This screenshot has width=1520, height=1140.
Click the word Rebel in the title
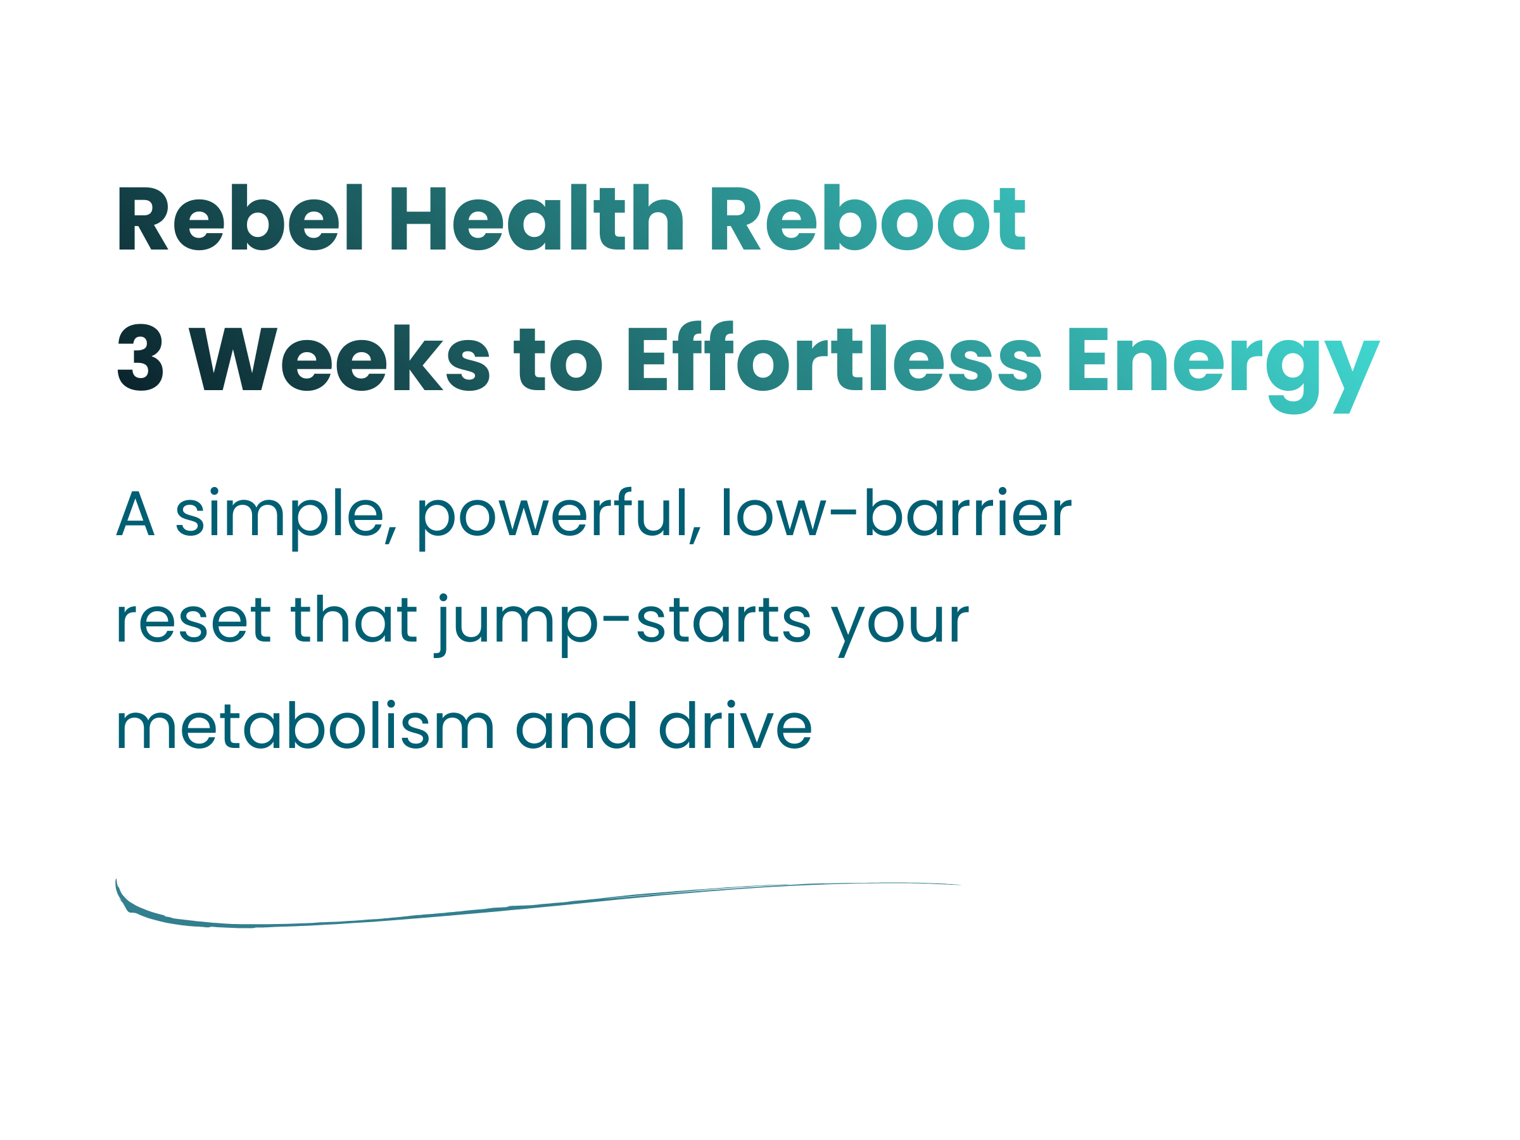241,217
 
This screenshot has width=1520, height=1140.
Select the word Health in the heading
537,217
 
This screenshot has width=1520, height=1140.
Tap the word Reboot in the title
868,217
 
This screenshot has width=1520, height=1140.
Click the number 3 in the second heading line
141,357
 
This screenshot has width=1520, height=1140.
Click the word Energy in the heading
1224,367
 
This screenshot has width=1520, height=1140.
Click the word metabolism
305,725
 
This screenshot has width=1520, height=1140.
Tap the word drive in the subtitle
735,725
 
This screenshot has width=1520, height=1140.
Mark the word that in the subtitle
354,617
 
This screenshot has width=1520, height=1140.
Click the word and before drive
576,725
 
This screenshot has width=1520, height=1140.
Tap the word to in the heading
559,359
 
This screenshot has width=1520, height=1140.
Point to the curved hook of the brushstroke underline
127,902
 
